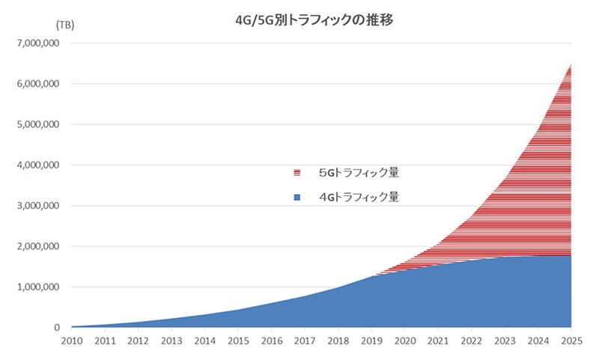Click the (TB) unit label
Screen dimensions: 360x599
(65, 25)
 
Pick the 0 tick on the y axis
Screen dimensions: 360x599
(56, 328)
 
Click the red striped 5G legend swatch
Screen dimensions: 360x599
(297, 173)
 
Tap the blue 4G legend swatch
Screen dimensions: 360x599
(297, 197)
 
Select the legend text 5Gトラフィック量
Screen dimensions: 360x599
(359, 173)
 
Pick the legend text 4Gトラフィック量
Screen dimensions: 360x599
(359, 197)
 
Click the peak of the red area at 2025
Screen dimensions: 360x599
(571, 65)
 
